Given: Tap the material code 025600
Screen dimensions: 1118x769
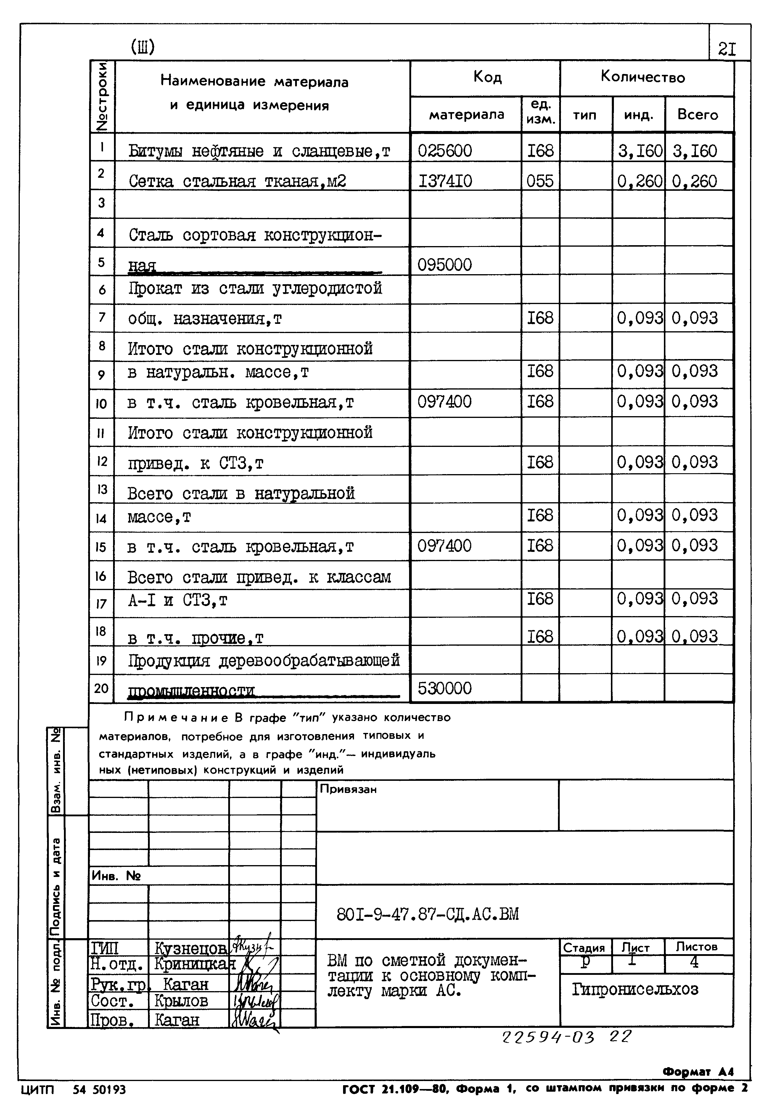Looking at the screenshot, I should point(444,151).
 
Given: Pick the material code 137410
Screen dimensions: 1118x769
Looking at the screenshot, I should point(445,181).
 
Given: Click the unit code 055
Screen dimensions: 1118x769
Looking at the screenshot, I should point(540,181).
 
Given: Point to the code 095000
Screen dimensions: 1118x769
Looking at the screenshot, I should point(444,265).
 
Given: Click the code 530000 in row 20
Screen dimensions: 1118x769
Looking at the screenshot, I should point(444,688).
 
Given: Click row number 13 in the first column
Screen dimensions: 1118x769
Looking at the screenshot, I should point(102,490).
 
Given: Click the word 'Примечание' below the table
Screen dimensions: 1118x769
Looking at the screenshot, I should point(176,718).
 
